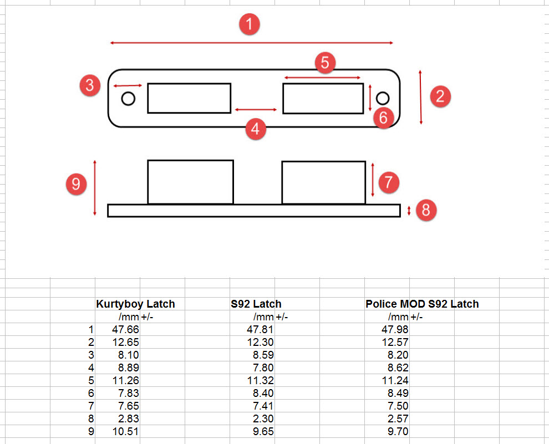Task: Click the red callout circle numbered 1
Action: click(250, 24)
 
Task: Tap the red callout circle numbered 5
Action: click(325, 63)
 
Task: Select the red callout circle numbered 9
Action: click(76, 183)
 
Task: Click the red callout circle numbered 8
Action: click(426, 210)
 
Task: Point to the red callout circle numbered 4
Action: click(255, 129)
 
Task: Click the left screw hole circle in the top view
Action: click(128, 99)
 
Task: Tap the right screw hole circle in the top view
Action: click(382, 98)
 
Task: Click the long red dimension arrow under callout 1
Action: click(251, 43)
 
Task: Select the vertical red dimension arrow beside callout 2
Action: click(420, 97)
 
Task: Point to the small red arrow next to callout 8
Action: click(409, 211)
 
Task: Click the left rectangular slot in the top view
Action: click(189, 98)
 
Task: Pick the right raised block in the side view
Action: click(323, 182)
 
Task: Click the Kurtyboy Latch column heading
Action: click(135, 304)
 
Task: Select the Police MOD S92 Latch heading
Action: click(422, 304)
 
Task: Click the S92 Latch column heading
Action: click(256, 304)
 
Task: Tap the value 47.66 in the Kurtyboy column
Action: click(125, 329)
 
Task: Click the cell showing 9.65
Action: click(263, 431)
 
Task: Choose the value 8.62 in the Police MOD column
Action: click(398, 368)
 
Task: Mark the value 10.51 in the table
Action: click(125, 431)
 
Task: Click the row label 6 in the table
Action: click(91, 393)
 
